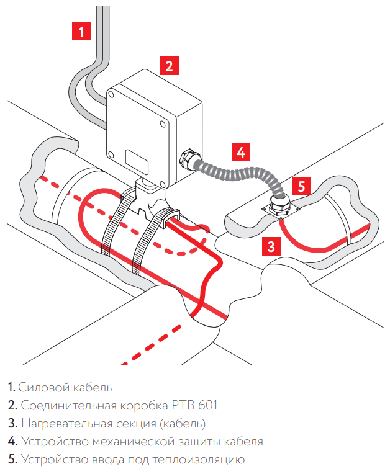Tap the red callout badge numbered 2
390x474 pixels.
(x=170, y=66)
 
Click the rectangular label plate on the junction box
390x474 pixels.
(x=137, y=162)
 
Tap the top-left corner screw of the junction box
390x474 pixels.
(x=111, y=94)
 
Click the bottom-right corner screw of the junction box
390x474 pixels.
(x=163, y=183)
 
